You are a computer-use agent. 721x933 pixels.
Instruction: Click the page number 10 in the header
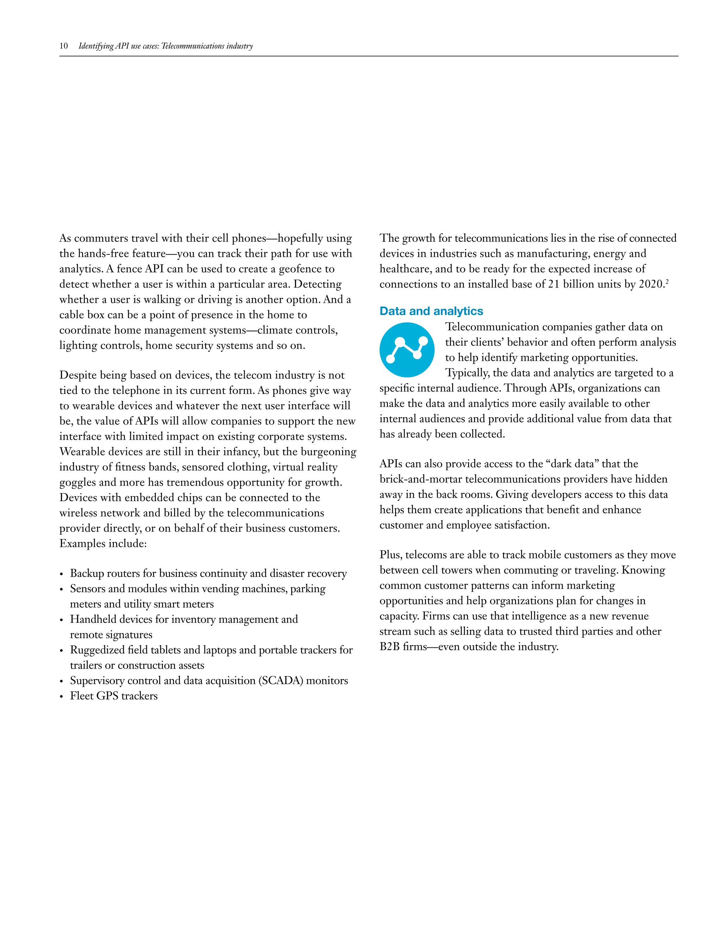(64, 46)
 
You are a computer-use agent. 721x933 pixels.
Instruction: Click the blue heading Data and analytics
(431, 311)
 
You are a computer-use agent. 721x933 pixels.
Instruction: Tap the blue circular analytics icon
(407, 350)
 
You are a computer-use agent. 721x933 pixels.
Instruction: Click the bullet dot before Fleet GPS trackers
(62, 697)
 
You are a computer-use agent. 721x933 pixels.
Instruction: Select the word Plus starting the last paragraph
(390, 555)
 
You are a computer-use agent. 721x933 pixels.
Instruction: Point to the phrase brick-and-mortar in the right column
(420, 479)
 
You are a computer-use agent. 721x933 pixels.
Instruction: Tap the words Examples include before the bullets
(103, 544)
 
